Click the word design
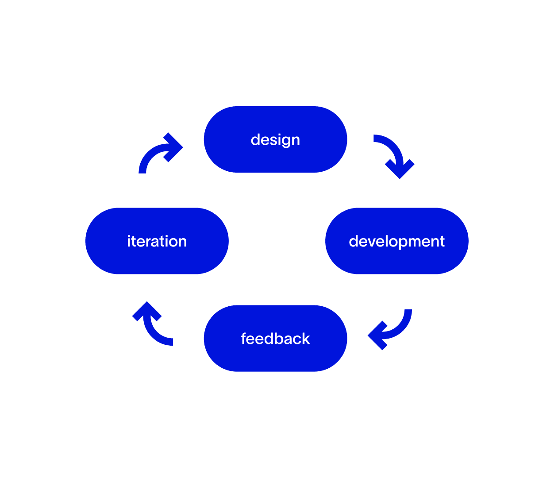pyautogui.click(x=275, y=140)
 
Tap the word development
pyautogui.click(x=396, y=241)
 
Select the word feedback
pyautogui.click(x=275, y=339)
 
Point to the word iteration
pyautogui.click(x=157, y=241)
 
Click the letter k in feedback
pyautogui.click(x=306, y=339)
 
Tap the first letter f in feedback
pyautogui.click(x=244, y=338)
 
